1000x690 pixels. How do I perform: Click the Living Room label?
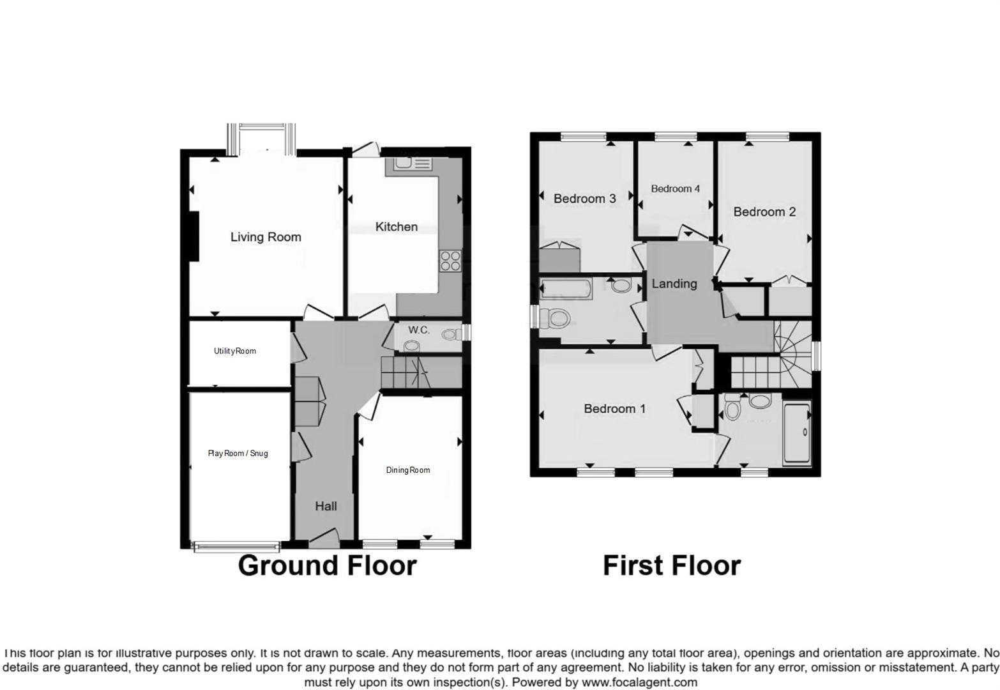[266, 237]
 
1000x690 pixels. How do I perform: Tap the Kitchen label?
[396, 227]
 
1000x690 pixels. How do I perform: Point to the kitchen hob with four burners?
[450, 261]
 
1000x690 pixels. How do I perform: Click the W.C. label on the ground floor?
[419, 330]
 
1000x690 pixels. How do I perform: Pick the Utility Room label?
[235, 351]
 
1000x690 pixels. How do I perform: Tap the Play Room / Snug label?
[238, 454]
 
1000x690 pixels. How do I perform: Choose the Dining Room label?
[408, 470]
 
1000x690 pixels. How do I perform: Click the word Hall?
[326, 507]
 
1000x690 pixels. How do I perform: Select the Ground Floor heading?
[327, 566]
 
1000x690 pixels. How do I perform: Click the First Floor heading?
[672, 566]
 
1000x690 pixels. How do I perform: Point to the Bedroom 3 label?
[584, 199]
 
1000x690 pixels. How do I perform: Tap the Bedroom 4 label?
[675, 188]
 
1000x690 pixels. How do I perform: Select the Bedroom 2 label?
[764, 212]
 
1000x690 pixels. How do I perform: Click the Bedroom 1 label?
[614, 409]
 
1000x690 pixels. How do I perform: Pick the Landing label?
[674, 284]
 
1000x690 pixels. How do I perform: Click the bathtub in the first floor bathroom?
[566, 289]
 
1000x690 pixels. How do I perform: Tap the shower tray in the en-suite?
[797, 432]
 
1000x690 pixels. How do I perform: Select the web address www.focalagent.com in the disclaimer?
[639, 682]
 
